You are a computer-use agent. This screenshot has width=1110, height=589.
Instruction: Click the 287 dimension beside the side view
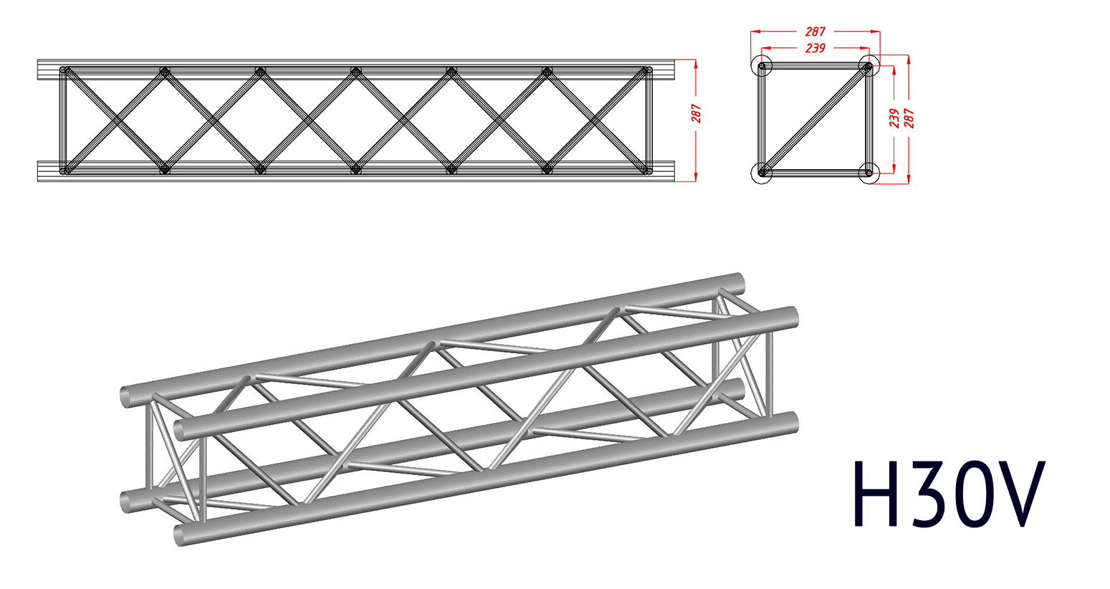(697, 113)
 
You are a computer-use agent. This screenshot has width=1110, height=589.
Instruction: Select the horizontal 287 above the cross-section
(815, 32)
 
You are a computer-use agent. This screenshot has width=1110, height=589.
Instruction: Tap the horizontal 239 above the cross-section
(815, 48)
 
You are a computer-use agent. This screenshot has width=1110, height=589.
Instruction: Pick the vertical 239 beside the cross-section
(894, 118)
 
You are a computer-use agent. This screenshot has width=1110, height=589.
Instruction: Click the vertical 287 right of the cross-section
(909, 118)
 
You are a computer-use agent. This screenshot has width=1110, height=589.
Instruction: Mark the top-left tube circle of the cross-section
(762, 67)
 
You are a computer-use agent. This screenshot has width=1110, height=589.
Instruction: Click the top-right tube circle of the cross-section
(869, 67)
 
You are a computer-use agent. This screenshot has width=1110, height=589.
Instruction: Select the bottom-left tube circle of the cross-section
(762, 173)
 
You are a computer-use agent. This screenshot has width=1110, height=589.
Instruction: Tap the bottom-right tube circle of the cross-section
(869, 173)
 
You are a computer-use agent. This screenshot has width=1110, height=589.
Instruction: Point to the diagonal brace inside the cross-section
(815, 120)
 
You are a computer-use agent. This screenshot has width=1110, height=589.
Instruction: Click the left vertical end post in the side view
(63, 120)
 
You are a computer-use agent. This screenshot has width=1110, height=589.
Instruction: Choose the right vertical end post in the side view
(649, 120)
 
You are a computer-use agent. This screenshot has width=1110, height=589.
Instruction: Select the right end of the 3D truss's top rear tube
(740, 283)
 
